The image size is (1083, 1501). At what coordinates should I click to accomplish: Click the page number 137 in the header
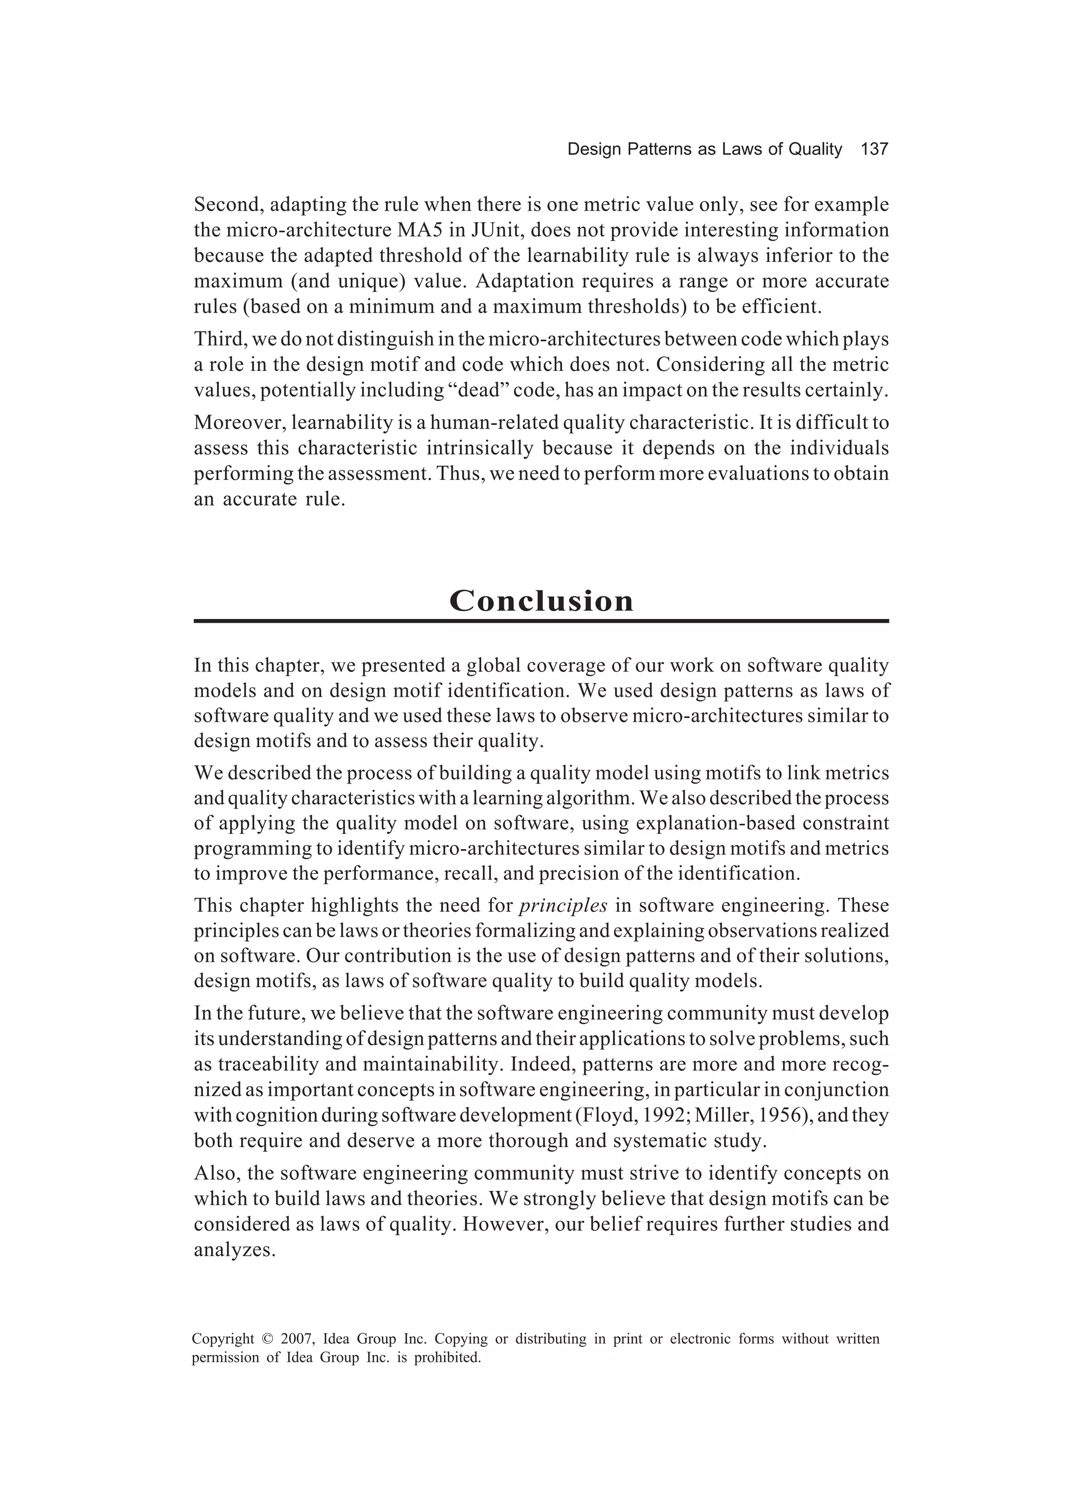point(874,150)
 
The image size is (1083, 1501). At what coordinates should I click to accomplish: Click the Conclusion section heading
point(541,601)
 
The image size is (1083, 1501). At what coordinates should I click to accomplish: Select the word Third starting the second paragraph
point(219,340)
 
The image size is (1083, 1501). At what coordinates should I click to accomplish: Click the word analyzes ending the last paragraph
point(234,1251)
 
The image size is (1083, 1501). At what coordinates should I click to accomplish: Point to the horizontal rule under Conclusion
point(541,621)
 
